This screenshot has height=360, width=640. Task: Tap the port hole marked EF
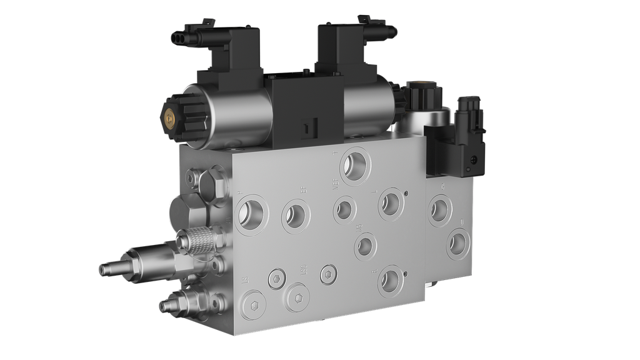295,214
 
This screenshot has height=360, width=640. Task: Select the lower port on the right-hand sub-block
457,242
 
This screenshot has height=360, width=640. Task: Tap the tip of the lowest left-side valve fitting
164,306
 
